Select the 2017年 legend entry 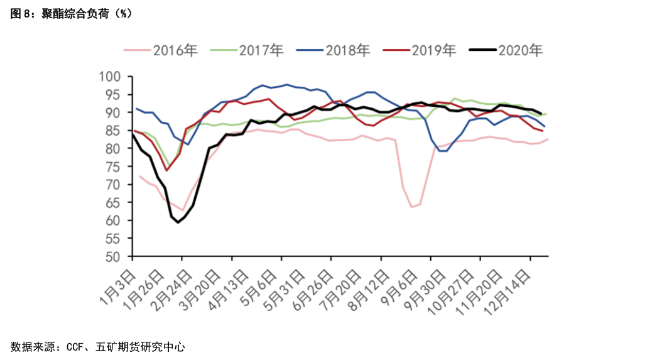click(x=261, y=50)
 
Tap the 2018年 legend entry click(x=347, y=50)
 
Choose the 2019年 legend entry click(x=433, y=50)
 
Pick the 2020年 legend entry click(x=520, y=50)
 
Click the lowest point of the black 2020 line click(x=178, y=222)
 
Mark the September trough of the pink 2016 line click(x=412, y=207)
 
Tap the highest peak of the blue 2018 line click(x=287, y=84)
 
